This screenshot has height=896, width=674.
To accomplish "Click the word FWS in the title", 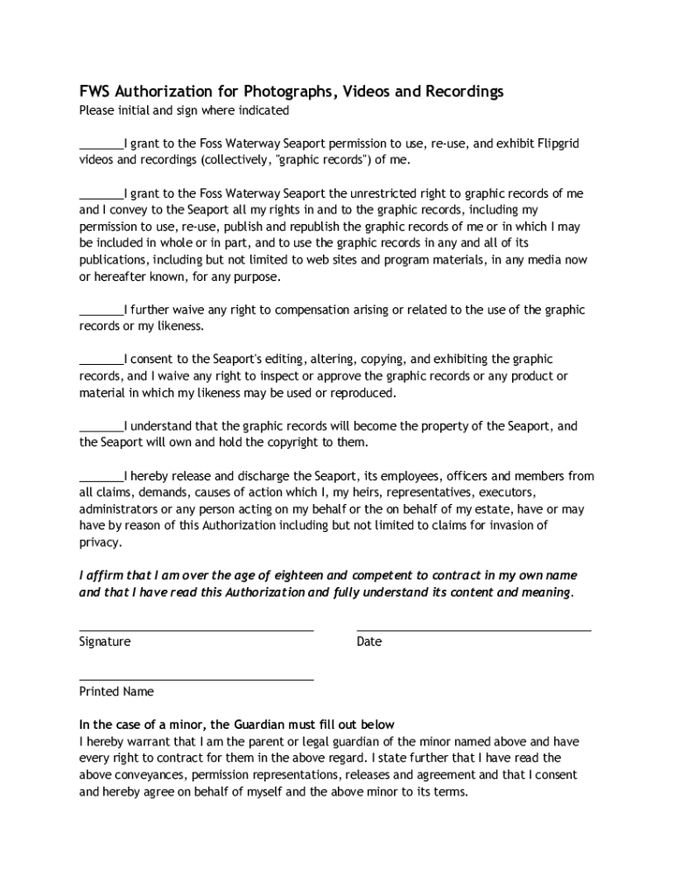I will coord(95,92).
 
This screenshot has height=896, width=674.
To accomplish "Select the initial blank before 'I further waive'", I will coord(102,311).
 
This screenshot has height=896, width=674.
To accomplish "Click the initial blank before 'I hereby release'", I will coord(102,477).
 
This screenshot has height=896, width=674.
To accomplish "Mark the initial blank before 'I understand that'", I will coord(102,427).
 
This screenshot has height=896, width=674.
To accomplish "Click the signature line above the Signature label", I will coord(196,629).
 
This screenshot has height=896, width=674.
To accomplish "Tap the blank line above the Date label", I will coord(474,629).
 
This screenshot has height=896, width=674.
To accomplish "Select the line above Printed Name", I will coord(196,679).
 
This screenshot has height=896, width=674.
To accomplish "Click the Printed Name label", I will coord(116,692).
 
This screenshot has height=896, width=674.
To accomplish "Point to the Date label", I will coord(369,642).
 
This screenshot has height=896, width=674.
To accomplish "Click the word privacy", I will coord(99,542).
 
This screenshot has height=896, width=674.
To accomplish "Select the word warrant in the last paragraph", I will coord(141,742).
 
